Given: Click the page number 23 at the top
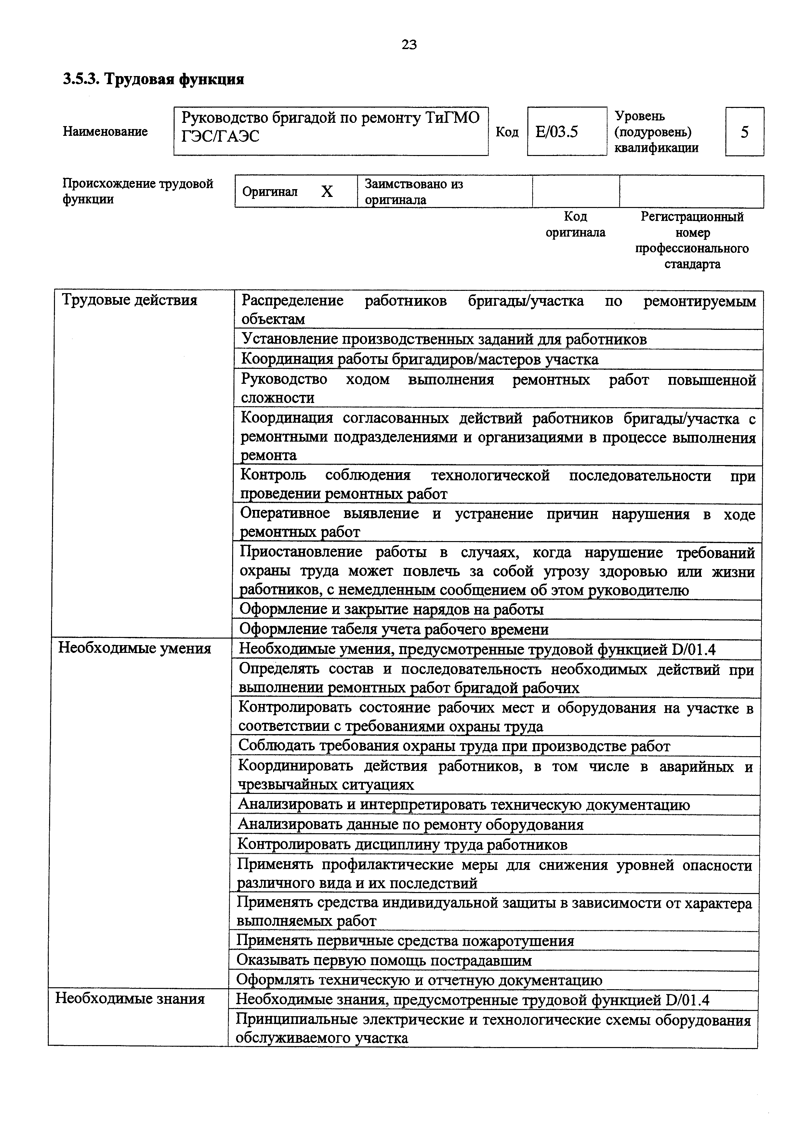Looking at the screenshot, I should tap(409, 45).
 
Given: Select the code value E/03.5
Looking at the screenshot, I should tap(557, 132).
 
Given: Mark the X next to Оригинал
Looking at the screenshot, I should tap(326, 192).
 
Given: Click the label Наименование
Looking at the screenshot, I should tap(105, 132).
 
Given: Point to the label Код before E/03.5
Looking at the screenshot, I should tap(507, 132).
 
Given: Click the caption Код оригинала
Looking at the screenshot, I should tap(575, 225).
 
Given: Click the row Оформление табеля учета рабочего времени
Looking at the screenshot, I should tap(394, 629).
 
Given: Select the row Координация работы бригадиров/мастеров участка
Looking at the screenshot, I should tap(420, 359).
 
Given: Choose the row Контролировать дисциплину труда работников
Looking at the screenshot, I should tap(402, 845).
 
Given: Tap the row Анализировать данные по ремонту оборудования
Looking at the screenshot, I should tap(410, 825).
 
